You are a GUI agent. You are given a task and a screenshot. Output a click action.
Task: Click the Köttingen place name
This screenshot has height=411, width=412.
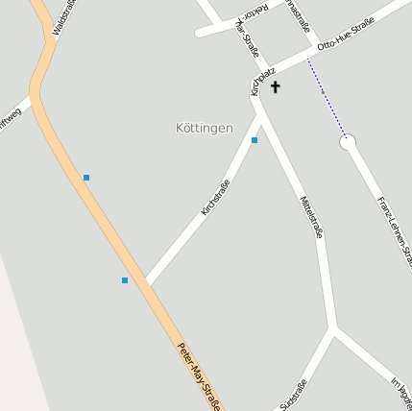point(204,128)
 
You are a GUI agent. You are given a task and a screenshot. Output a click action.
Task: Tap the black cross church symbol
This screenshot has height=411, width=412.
point(275,87)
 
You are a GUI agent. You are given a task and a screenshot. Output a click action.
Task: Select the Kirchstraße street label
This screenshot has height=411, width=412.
point(215,198)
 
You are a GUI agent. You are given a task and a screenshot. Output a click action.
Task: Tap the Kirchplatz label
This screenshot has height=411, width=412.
point(262,80)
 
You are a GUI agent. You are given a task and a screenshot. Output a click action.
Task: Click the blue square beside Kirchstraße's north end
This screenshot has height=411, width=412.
point(254,140)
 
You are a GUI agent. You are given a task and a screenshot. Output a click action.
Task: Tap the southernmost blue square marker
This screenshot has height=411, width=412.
point(125,280)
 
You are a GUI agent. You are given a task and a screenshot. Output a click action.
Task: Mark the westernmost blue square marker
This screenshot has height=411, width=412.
point(86,178)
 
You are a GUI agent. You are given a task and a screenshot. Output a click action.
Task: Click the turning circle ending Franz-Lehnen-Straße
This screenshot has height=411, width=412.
point(348,142)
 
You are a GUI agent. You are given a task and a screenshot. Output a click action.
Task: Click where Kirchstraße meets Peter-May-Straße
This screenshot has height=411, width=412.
point(146,284)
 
